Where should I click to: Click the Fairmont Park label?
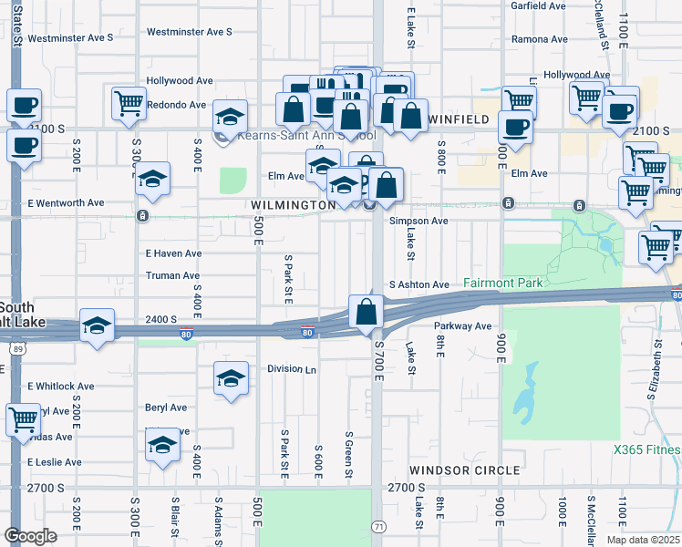(502, 284)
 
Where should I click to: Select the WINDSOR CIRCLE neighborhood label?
(464, 470)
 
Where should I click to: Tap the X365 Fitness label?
(646, 449)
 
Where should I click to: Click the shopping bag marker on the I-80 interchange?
(366, 311)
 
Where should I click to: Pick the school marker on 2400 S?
(97, 326)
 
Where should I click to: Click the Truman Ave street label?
(172, 275)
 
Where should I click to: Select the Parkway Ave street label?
(462, 325)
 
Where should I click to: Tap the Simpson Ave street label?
(418, 222)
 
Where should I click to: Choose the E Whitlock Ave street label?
(61, 387)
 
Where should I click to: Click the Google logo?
(31, 535)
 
